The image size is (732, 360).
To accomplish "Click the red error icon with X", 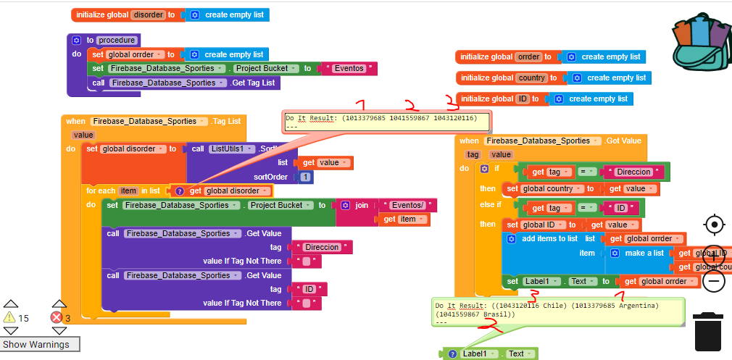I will click(x=57, y=317).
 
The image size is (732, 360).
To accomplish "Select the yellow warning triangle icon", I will click(x=9, y=317).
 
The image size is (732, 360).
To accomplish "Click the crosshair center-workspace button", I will click(x=714, y=225).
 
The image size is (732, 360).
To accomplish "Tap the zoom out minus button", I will click(x=714, y=281).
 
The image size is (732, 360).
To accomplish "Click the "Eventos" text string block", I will click(x=352, y=69).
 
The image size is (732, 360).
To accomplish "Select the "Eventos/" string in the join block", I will click(x=406, y=206).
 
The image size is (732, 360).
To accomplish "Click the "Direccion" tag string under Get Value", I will click(x=323, y=247).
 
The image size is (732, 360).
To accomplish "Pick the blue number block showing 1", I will click(x=305, y=177).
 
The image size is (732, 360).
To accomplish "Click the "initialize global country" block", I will click(x=504, y=78).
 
